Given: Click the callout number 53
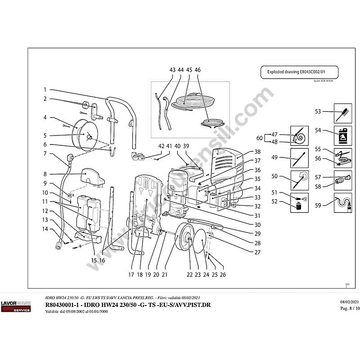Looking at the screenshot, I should (318, 112).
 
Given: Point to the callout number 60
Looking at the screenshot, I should (259, 138).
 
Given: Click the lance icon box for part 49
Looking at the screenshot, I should (299, 158).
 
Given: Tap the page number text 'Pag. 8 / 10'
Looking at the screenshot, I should (350, 308).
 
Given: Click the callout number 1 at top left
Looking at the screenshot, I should (45, 90).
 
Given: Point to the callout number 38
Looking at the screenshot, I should (258, 152).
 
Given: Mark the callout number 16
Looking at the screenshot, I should (102, 260).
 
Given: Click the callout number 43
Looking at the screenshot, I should (172, 70).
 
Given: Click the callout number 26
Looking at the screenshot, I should (222, 274).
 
